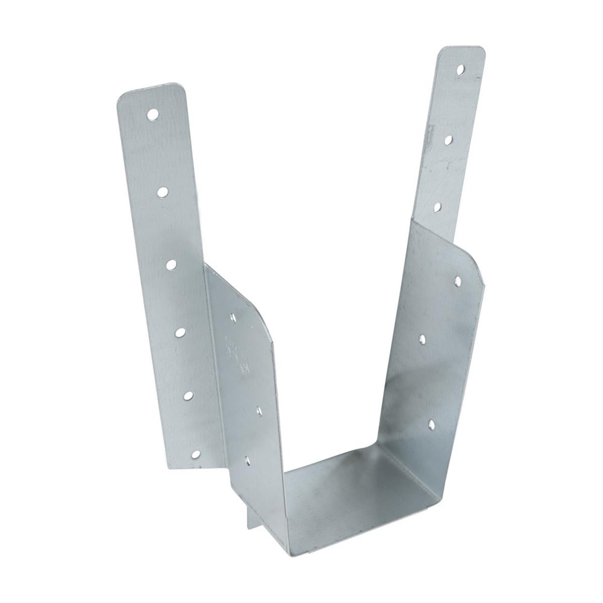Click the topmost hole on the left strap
click(x=152, y=115)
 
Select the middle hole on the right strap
click(x=448, y=140)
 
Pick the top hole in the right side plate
click(x=458, y=279)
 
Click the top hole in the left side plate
click(x=233, y=317)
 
